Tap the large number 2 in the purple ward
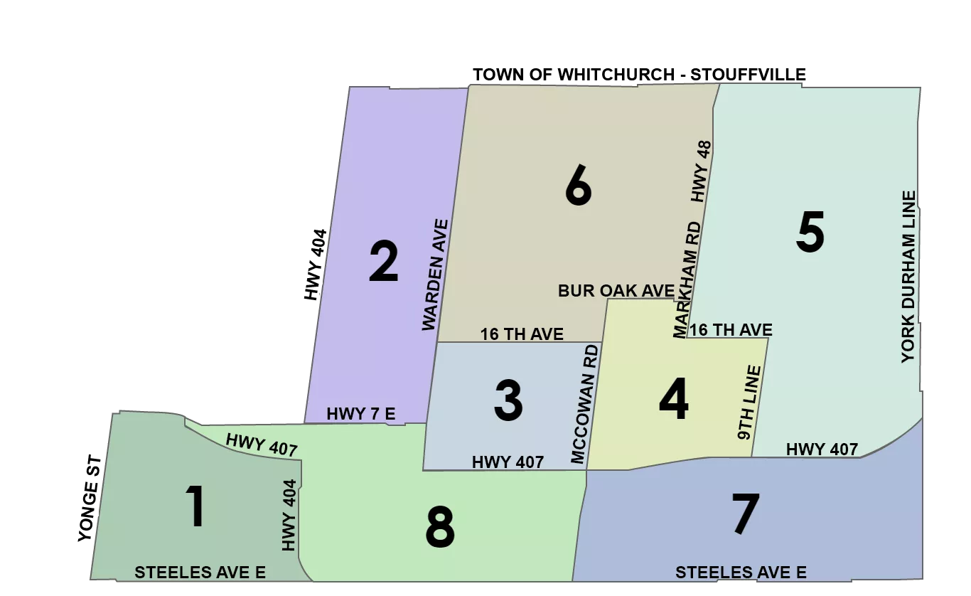384,262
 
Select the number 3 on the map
508,400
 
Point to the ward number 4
673,400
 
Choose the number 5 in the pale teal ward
810,233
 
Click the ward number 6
578,186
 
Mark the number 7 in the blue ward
745,514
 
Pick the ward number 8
440,528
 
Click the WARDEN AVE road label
435,275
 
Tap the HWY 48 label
702,171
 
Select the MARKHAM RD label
687,279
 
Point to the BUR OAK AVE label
616,291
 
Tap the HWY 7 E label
360,414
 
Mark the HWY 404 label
288,514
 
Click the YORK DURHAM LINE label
908,277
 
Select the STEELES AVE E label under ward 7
741,573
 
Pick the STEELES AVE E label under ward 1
200,573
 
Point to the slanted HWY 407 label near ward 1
261,445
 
